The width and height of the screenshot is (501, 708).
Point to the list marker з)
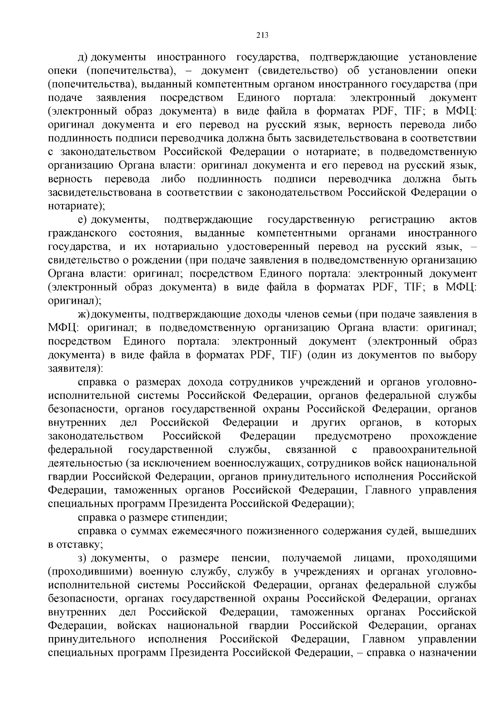[83, 558]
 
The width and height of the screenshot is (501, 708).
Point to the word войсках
[137, 626]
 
